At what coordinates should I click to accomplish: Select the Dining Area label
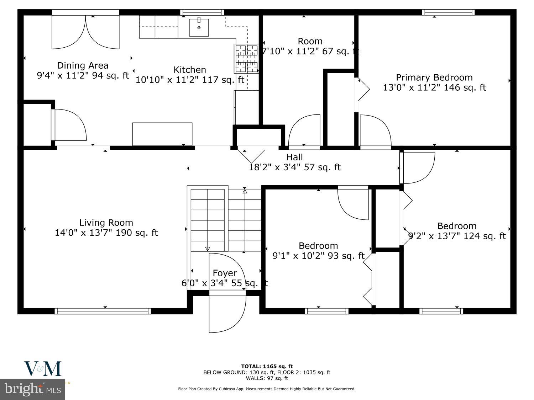pyautogui.click(x=83, y=66)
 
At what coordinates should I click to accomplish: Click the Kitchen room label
pyautogui.click(x=190, y=70)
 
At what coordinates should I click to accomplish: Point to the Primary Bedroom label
pyautogui.click(x=434, y=78)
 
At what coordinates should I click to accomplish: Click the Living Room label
pyautogui.click(x=106, y=223)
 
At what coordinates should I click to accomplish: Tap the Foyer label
pyautogui.click(x=225, y=273)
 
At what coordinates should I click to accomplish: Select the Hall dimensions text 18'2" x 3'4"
pyautogui.click(x=294, y=167)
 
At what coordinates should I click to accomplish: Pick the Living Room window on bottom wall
pyautogui.click(x=103, y=311)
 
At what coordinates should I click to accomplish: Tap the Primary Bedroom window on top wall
pyautogui.click(x=448, y=12)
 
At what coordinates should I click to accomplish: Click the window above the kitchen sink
pyautogui.click(x=202, y=12)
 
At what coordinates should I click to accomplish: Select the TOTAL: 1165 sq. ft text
pyautogui.click(x=267, y=366)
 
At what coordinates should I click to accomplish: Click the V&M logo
pyautogui.click(x=43, y=369)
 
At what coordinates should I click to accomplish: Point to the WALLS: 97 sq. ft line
pyautogui.click(x=267, y=378)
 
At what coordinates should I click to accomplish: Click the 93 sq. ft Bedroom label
pyautogui.click(x=318, y=246)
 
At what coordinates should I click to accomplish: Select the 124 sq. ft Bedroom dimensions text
pyautogui.click(x=457, y=236)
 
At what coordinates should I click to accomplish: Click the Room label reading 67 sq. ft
pyautogui.click(x=310, y=41)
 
